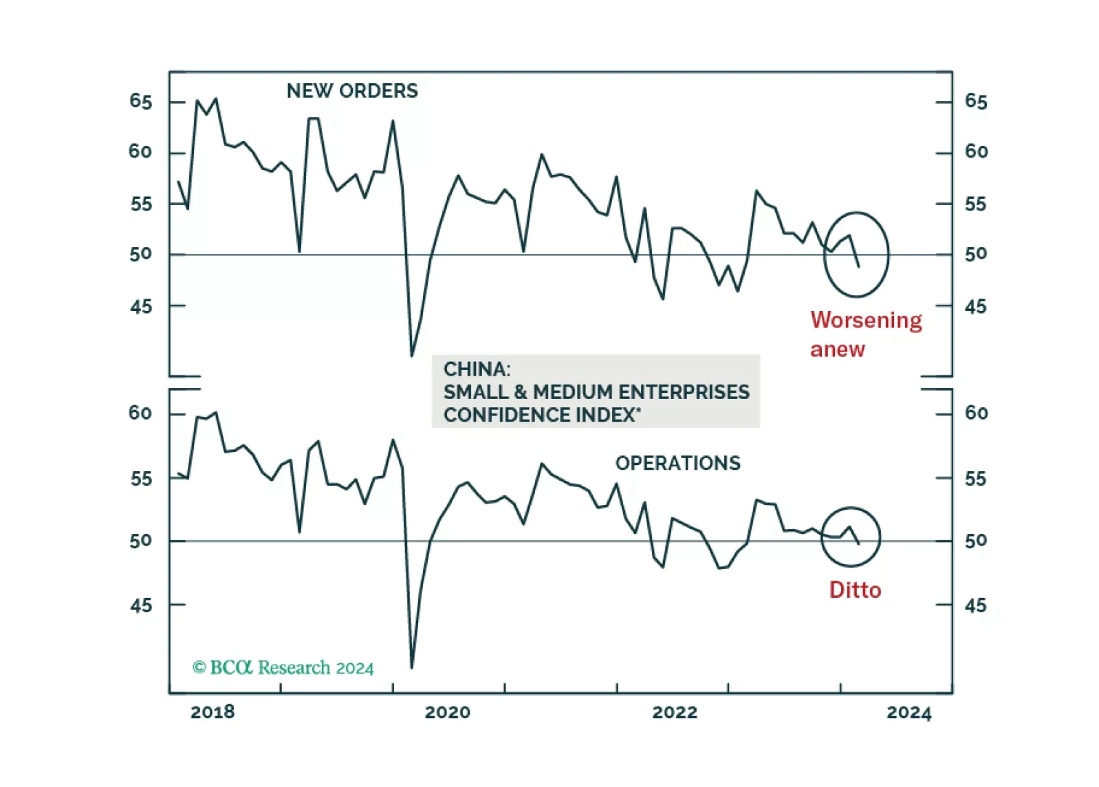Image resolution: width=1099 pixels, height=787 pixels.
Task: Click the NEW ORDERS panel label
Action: (x=352, y=91)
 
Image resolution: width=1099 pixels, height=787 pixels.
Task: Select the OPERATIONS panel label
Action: (x=677, y=463)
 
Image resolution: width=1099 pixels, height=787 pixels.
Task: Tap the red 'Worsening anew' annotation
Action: (x=865, y=334)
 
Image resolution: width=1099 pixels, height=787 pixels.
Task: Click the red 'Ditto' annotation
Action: (x=855, y=590)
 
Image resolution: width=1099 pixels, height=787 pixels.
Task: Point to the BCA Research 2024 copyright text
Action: (x=283, y=667)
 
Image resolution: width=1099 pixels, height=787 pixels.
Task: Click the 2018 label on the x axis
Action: (x=213, y=712)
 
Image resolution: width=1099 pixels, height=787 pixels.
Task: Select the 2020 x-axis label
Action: (x=448, y=712)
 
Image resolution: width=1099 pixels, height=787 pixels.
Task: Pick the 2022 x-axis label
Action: (x=675, y=712)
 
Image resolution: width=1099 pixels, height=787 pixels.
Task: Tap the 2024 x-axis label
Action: (x=908, y=712)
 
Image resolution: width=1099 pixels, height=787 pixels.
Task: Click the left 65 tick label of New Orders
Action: (x=140, y=102)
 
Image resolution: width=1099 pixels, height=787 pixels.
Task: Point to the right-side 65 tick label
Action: (x=976, y=102)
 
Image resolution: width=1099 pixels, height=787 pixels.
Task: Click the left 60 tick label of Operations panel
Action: (x=140, y=413)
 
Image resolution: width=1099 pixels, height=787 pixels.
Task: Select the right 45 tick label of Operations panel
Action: (x=975, y=605)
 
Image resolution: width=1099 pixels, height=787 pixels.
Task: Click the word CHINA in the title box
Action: (x=477, y=369)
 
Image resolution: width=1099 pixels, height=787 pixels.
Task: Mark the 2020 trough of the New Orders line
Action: (x=412, y=356)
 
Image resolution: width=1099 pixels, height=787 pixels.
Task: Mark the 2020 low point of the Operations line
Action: (x=412, y=667)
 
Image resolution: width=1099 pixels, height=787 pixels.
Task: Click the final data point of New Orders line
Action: (x=858, y=266)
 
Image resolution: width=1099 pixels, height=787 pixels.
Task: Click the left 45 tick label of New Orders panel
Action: (x=140, y=306)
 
